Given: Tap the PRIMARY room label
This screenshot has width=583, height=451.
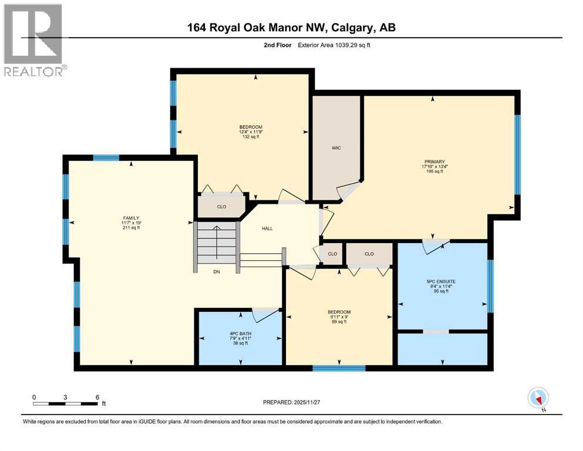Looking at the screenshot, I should tap(435, 161).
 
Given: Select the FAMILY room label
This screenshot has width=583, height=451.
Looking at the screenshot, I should tap(130, 218).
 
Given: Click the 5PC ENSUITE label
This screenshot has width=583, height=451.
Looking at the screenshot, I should tap(441, 281).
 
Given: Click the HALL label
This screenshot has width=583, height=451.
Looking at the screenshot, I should tap(267, 229).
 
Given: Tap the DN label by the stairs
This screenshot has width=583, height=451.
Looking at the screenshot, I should tap(217, 272).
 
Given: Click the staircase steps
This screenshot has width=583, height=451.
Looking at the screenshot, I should tap(217, 247).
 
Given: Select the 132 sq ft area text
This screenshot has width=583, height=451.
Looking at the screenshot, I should tap(250, 137).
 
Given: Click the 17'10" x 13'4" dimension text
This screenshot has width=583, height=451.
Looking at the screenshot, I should tap(435, 167).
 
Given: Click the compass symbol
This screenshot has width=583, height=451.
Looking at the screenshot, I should tap(538, 398).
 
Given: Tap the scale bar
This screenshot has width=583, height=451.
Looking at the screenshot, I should tap(66, 403).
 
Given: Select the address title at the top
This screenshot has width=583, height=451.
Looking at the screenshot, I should tap(291, 28).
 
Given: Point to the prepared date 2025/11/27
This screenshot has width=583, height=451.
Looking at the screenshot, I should tap(292, 402).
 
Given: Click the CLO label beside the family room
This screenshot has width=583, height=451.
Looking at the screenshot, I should tap(221, 206).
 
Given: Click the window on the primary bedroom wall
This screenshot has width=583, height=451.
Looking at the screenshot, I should tap(517, 154).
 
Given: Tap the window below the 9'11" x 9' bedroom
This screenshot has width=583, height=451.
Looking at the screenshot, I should tap(339, 369).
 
